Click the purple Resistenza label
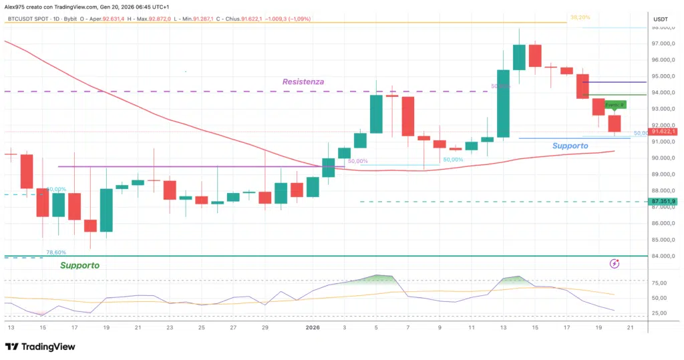tap(303, 81)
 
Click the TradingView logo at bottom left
tap(40, 347)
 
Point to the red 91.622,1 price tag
tap(664, 132)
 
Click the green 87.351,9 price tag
tap(664, 201)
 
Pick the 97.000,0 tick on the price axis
tap(663, 43)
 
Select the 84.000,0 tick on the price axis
tap(663, 256)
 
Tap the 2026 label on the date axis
tap(313, 328)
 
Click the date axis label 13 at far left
tap(10, 328)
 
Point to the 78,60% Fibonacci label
tap(56, 252)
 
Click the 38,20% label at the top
tap(579, 17)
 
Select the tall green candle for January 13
tap(504, 103)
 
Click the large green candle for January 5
tap(376, 114)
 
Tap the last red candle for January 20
tap(615, 124)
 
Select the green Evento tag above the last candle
tap(615, 105)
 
